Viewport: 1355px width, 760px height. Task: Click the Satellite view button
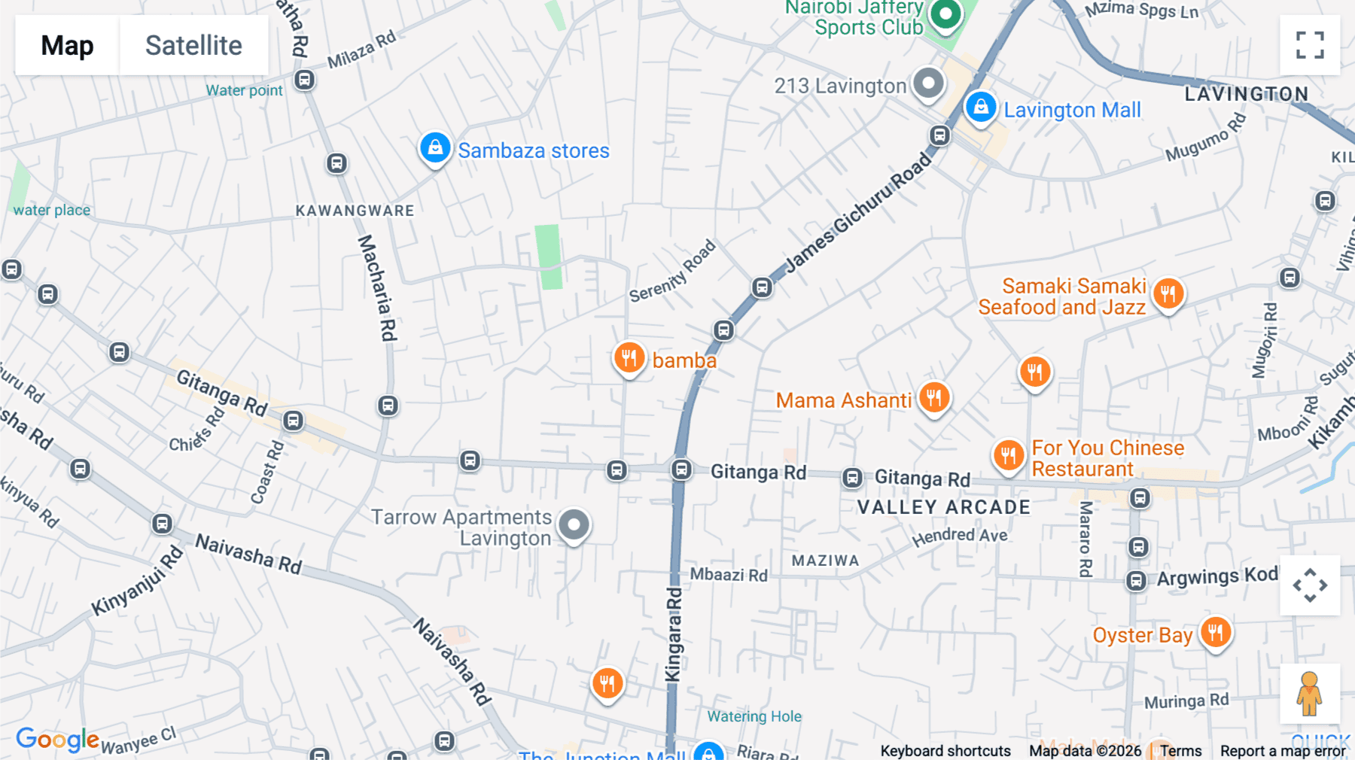[x=193, y=45]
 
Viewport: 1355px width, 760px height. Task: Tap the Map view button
[x=67, y=45]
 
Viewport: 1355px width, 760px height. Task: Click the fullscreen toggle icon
[x=1310, y=45]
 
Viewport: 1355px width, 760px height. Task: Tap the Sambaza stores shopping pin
[x=435, y=148]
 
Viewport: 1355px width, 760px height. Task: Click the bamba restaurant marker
[x=629, y=358]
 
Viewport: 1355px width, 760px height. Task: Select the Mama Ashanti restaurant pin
[x=933, y=398]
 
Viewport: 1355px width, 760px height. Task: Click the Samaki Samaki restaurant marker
[x=1168, y=294]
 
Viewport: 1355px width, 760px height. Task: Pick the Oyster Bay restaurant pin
[x=1215, y=633]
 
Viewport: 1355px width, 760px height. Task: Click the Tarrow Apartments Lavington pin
[x=574, y=525]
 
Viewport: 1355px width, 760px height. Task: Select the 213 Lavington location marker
[x=928, y=84]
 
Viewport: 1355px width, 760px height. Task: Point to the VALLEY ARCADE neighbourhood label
[x=943, y=507]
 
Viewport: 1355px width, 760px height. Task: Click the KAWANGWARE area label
[x=355, y=211]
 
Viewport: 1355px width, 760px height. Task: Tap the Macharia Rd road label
[x=378, y=287]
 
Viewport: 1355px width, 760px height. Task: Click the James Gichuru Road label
[x=858, y=213]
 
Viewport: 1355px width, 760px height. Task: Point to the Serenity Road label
[x=672, y=272]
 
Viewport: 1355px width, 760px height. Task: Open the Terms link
[x=1180, y=751]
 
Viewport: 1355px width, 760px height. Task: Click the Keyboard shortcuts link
[x=945, y=751]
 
